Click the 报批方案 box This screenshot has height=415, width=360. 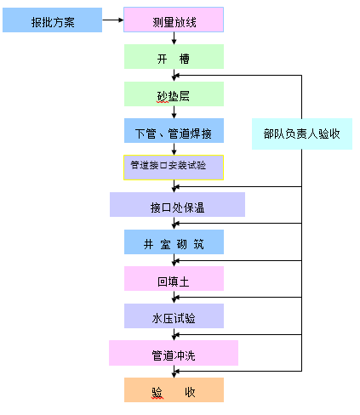click(52, 20)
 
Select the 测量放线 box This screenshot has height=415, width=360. click(174, 20)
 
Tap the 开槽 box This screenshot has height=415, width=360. click(174, 56)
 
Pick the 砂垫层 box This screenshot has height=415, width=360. click(174, 94)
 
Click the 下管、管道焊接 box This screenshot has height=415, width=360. click(174, 130)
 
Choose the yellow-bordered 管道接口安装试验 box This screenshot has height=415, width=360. click(174, 168)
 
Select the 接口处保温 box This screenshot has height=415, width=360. click(177, 205)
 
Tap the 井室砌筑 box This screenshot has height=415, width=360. click(174, 242)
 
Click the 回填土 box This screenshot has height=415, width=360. click(174, 278)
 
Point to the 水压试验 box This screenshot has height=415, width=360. click(174, 316)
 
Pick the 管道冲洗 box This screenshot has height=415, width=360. click(174, 353)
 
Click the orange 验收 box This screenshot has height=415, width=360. click(174, 389)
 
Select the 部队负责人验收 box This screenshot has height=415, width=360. click(302, 134)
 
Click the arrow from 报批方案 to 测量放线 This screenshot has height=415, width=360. click(113, 20)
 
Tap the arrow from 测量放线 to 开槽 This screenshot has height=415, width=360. click(174, 38)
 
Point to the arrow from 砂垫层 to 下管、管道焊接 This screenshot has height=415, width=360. click(174, 112)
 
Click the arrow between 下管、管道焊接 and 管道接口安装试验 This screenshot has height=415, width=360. click(174, 149)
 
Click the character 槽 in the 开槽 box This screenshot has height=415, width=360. click(185, 59)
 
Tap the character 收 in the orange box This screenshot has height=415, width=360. click(190, 392)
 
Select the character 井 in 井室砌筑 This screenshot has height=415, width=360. click(148, 244)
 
